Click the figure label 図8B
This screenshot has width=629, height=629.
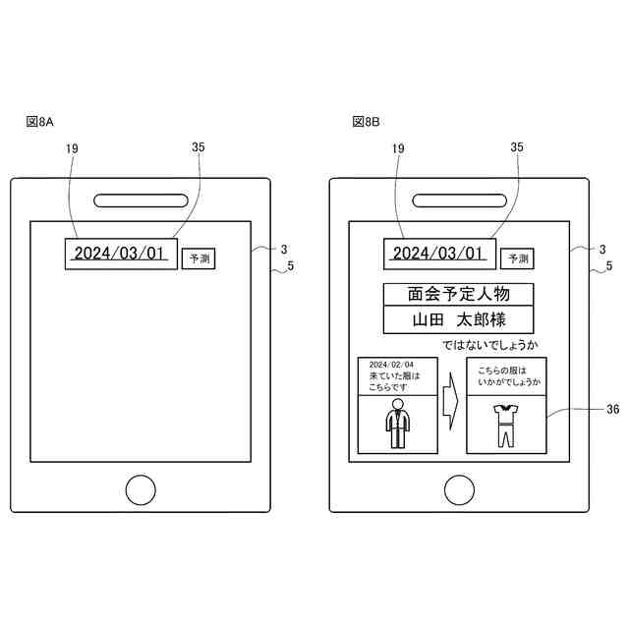click(x=366, y=122)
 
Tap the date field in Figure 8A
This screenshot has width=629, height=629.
click(x=120, y=254)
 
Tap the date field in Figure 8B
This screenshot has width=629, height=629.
click(x=437, y=254)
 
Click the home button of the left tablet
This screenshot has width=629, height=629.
click(x=141, y=488)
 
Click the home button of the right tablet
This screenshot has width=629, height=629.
click(x=459, y=488)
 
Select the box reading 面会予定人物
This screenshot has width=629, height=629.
click(x=458, y=294)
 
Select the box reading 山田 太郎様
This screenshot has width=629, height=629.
click(x=458, y=319)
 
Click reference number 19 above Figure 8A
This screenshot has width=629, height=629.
click(x=72, y=147)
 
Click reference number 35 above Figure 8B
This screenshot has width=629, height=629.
click(x=517, y=147)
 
